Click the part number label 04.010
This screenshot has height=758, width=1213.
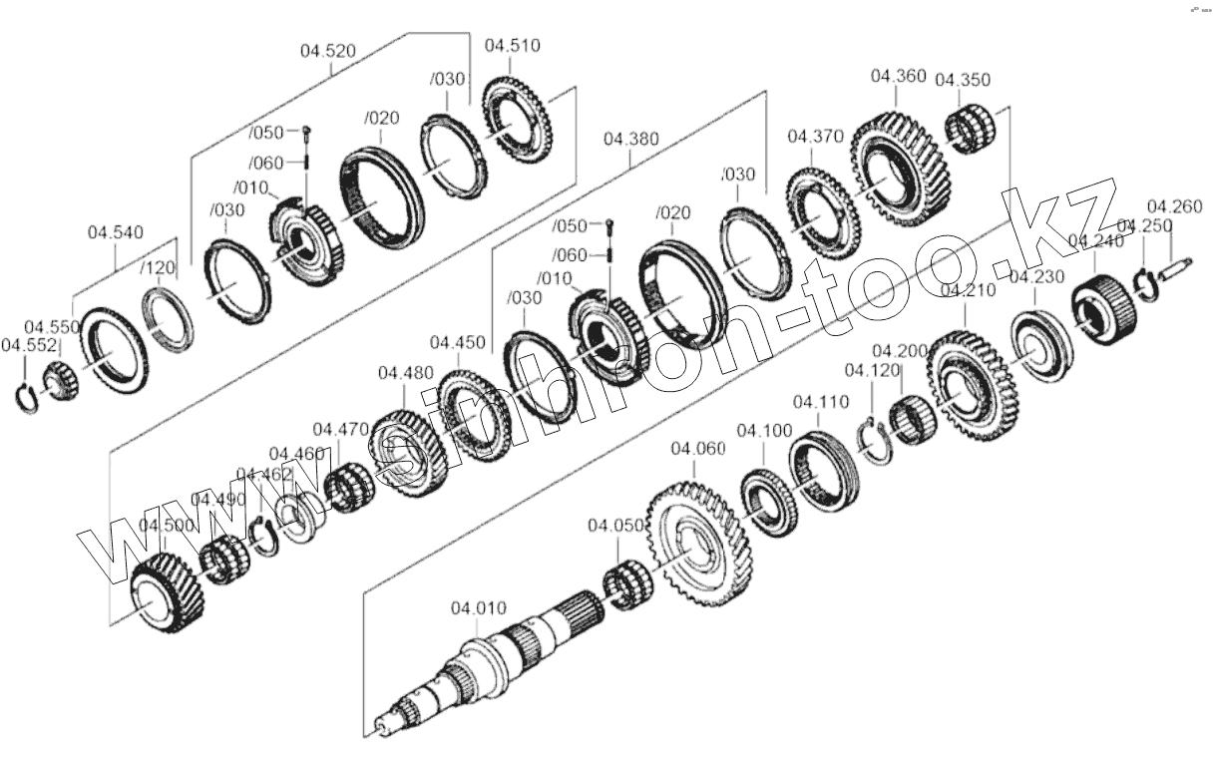(479, 607)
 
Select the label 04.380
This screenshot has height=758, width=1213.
(630, 140)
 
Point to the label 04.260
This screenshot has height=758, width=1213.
(1174, 207)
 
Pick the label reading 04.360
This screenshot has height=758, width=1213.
(898, 76)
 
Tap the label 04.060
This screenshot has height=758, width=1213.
(698, 450)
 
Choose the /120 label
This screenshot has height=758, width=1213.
(157, 268)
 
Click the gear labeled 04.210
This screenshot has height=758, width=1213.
(970, 388)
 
